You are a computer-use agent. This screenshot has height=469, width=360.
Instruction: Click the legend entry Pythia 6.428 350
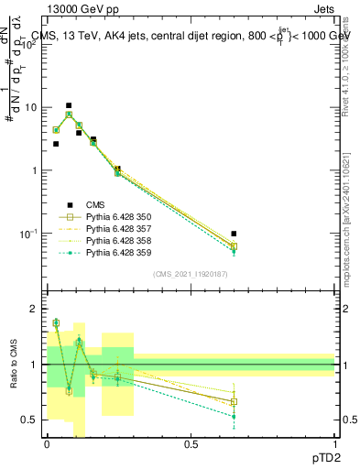click(x=115, y=217)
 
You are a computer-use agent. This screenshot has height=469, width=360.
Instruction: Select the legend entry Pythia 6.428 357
click(x=115, y=229)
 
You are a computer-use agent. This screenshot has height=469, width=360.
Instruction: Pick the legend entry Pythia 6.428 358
click(x=115, y=241)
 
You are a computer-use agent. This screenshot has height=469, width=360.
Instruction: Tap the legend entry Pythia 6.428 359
click(x=115, y=253)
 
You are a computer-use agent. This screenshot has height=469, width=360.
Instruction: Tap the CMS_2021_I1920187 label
click(x=191, y=274)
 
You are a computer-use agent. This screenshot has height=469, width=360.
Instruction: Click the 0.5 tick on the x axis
click(x=191, y=445)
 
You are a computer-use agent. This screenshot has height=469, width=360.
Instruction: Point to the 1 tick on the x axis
click(x=334, y=445)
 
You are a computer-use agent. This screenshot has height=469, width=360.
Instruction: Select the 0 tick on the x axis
click(x=47, y=445)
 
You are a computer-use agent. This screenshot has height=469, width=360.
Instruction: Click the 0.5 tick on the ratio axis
click(x=30, y=420)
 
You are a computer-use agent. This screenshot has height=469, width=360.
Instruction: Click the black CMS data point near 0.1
click(x=79, y=133)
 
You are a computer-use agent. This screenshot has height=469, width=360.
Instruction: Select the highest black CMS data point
click(x=69, y=105)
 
